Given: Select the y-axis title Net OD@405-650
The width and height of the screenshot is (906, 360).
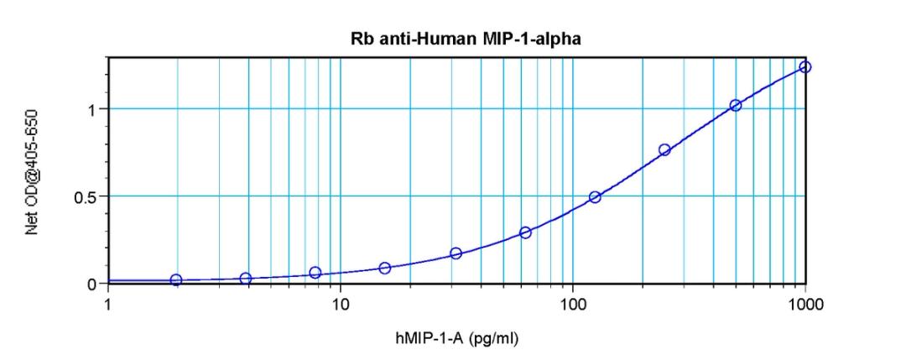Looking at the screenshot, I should click(x=33, y=174).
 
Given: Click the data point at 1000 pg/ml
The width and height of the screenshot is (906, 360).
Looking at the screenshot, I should click(x=805, y=67).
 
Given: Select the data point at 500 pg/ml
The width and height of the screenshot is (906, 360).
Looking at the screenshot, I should click(x=736, y=105).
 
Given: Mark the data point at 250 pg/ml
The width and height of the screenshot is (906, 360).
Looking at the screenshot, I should click(x=665, y=149).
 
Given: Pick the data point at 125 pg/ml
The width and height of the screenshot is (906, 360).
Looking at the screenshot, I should click(x=595, y=197).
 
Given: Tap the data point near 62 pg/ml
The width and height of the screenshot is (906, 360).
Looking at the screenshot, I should click(x=525, y=232).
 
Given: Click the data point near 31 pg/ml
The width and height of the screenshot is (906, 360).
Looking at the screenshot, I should click(x=456, y=253).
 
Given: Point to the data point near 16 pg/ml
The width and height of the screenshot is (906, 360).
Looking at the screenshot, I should click(x=385, y=268).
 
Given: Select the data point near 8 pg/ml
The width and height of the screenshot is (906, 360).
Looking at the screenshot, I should click(x=315, y=273).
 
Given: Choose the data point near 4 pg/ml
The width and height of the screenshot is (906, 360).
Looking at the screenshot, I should click(x=246, y=278).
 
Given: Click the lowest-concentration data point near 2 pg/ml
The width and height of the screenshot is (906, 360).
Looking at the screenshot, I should click(x=175, y=279).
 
